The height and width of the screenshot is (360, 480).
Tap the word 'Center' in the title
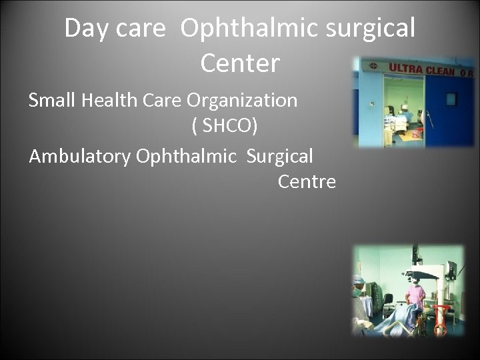(x=239, y=64)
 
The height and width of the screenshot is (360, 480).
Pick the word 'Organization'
(x=242, y=101)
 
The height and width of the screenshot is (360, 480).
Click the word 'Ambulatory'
(x=79, y=157)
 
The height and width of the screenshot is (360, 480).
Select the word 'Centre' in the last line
(x=307, y=181)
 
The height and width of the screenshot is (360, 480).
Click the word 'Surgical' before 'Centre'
(x=279, y=157)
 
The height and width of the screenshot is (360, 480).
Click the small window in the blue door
(x=451, y=99)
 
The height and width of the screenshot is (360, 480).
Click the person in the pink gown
(x=416, y=297)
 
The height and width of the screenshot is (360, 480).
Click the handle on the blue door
(x=431, y=116)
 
